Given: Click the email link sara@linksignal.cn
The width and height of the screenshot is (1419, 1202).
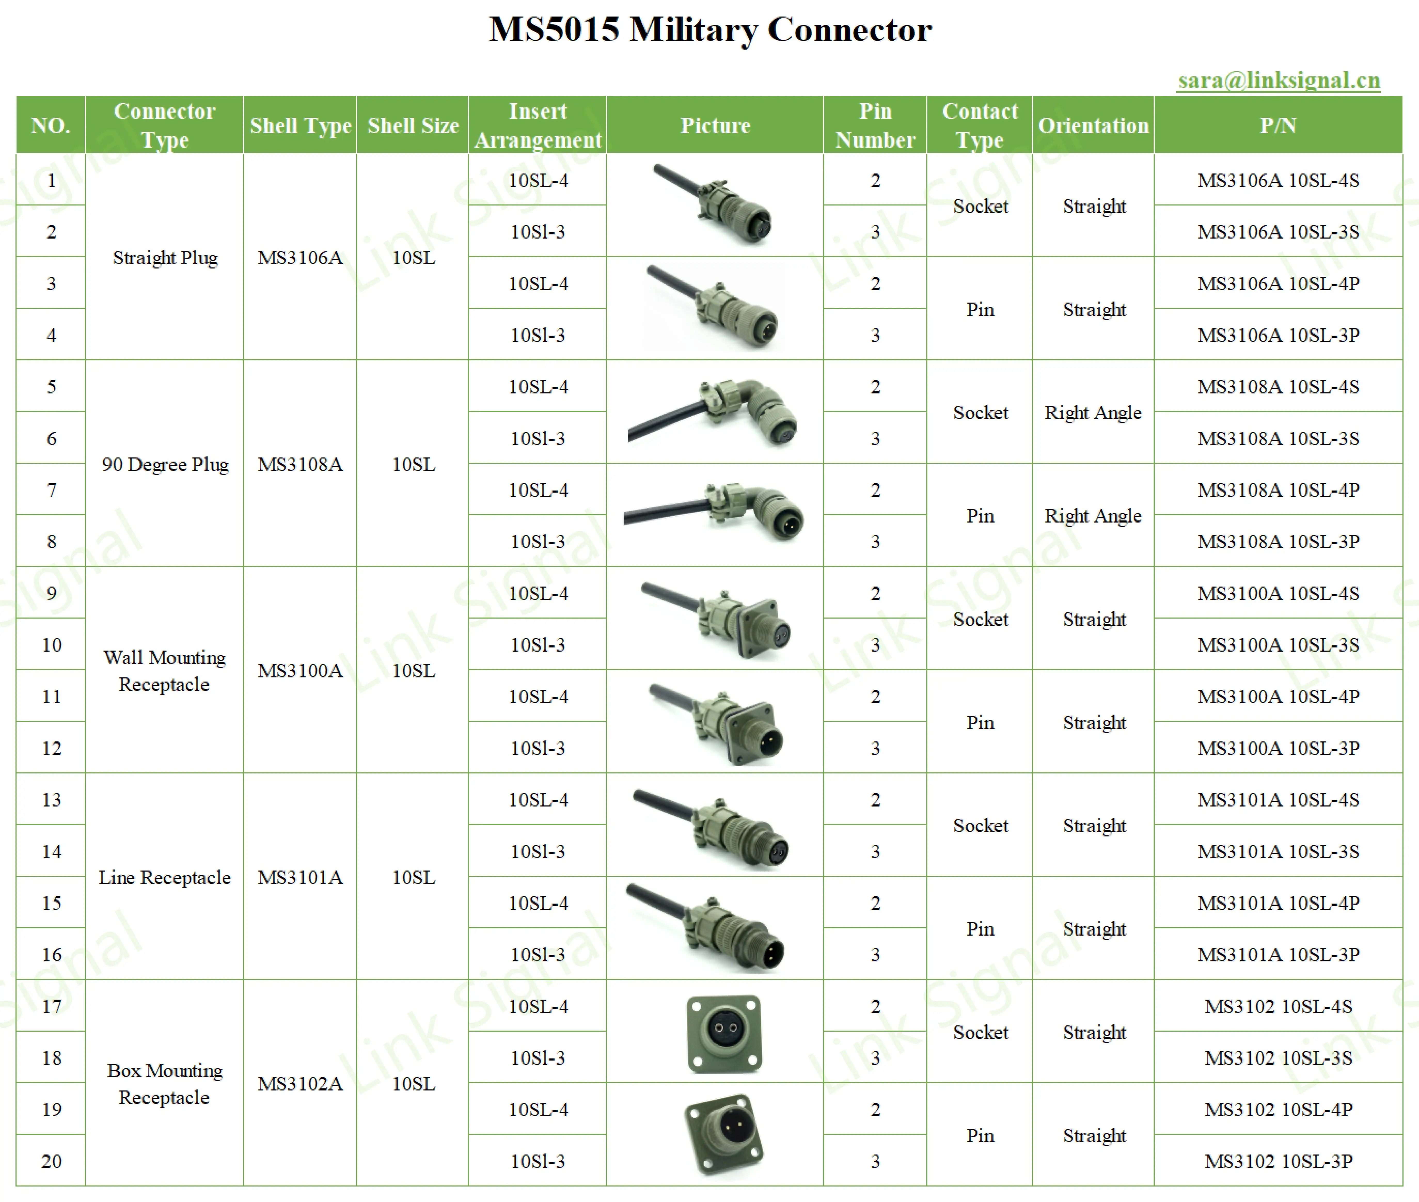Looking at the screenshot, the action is pos(1279,80).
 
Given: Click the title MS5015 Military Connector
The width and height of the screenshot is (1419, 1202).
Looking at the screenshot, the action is pos(709,30).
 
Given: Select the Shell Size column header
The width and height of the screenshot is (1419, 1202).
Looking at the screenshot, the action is pos(413,125).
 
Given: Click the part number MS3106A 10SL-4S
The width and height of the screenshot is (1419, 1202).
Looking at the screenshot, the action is pos(1278,180).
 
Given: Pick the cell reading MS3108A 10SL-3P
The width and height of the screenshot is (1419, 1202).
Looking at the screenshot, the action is pos(1278,542).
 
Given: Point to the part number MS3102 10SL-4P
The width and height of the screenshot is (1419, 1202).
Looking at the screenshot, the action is pos(1278,1109).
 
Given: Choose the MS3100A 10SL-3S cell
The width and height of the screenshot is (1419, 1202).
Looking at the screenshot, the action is pos(1278,645).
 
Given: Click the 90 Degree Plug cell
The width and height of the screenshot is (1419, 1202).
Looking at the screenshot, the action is pos(165,464).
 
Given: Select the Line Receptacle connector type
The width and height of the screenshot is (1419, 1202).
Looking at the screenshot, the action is pos(165,877).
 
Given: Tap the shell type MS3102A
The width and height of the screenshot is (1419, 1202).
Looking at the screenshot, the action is pos(300,1084).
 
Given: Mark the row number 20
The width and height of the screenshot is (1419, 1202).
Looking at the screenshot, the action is pos(51,1161).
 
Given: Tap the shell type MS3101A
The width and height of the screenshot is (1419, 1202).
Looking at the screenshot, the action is pos(300,877).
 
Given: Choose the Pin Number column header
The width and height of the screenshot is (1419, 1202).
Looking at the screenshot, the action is pos(875,125).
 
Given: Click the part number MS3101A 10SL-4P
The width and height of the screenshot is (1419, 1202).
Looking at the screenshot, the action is pos(1278,903).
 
